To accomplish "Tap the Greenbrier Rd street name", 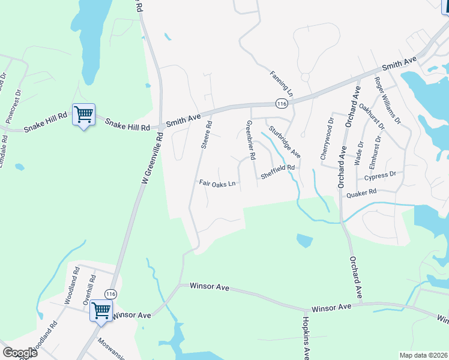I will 252,139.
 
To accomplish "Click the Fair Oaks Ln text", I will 217,184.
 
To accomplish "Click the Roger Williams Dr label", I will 388,101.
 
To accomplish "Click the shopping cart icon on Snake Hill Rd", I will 83,114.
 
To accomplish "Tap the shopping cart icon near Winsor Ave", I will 100,311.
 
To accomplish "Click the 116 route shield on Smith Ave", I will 281,104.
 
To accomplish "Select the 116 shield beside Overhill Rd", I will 110,294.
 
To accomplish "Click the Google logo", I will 20,352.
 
